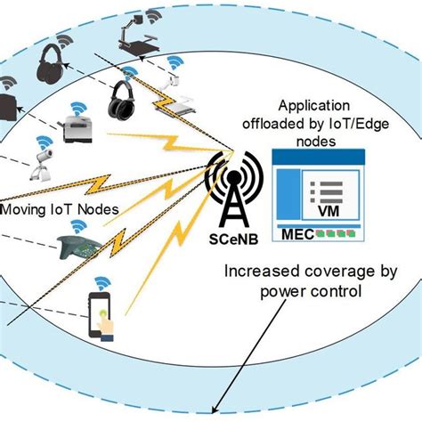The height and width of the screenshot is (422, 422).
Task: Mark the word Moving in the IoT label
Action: [26, 211]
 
